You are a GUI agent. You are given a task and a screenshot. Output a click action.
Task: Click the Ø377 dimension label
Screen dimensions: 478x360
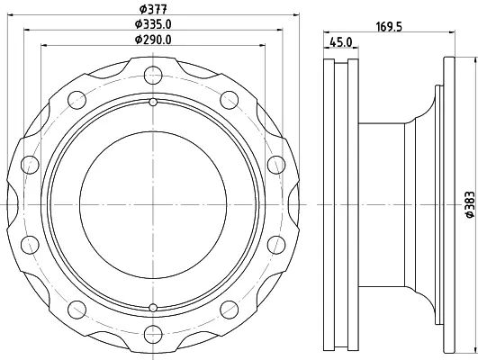(153, 9)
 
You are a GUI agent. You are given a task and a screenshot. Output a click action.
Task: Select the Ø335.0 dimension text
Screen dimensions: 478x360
(153, 24)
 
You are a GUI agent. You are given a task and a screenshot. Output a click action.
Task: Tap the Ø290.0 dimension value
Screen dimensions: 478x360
(153, 40)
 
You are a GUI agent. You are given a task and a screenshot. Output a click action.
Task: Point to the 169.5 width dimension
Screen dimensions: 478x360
(389, 27)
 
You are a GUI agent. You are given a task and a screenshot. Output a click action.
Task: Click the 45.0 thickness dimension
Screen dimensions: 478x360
(341, 42)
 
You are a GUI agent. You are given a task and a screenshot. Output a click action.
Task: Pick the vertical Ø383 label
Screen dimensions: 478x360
(470, 204)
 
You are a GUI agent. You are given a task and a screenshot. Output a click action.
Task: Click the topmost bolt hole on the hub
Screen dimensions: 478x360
(153, 75)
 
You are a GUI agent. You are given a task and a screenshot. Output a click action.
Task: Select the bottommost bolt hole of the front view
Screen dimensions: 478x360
(153, 334)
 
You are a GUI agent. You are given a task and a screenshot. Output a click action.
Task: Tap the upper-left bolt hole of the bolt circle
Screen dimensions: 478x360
(77, 100)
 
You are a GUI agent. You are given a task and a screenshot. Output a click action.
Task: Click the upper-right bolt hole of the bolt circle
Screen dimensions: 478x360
(229, 100)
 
